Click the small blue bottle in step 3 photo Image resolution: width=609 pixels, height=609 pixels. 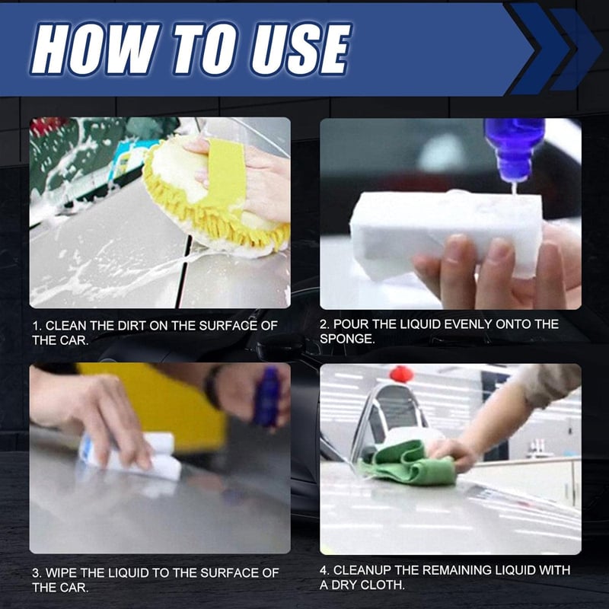click(266, 396)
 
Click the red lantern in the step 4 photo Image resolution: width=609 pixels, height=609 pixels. click(401, 374)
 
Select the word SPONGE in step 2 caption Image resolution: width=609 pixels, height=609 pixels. click(347, 340)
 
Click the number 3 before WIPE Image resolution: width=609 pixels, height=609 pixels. click(36, 572)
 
